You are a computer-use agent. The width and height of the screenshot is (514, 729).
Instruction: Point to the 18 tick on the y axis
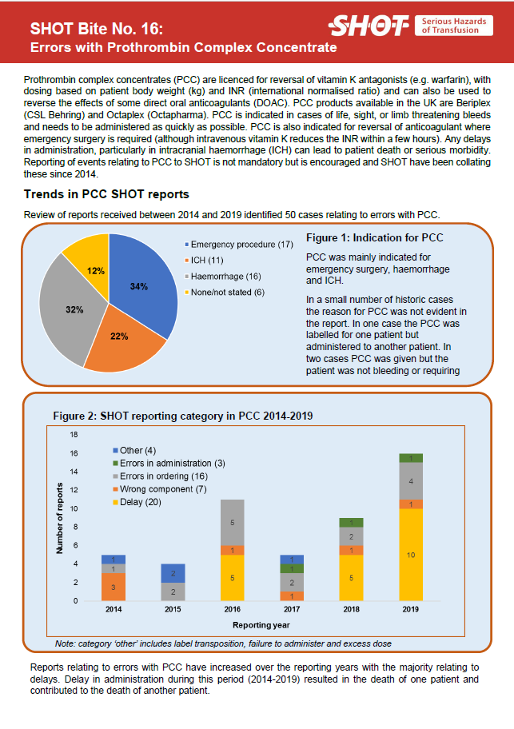click(74, 435)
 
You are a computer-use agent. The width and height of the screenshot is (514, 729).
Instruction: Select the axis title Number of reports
click(60, 518)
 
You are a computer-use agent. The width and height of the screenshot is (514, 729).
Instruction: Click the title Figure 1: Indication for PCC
click(375, 238)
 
